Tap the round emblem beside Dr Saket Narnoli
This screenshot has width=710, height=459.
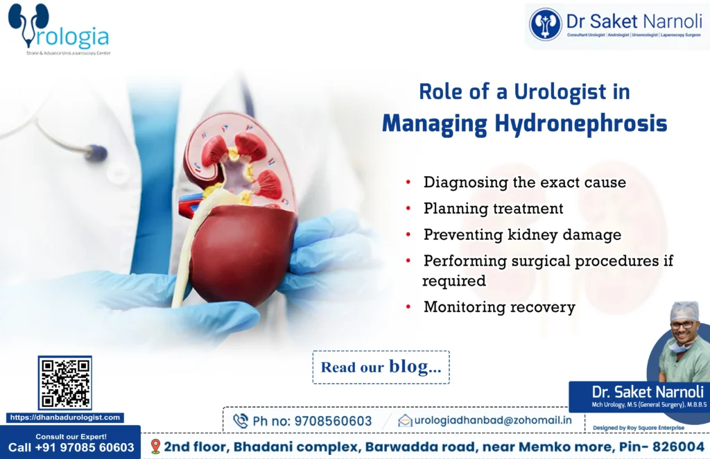(x=546, y=24)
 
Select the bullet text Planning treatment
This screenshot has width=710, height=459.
(x=493, y=209)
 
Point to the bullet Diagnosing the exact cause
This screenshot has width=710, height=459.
(x=524, y=182)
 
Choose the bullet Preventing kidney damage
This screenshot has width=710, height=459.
(x=522, y=235)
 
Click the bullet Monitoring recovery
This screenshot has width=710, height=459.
(x=499, y=307)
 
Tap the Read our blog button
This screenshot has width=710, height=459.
(x=381, y=367)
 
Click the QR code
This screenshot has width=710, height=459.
(x=64, y=383)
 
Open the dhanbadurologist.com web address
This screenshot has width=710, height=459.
(x=65, y=418)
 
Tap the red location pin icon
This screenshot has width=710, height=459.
(x=155, y=446)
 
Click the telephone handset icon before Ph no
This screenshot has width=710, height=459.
(x=241, y=421)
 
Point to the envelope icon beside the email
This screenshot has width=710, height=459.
(x=405, y=420)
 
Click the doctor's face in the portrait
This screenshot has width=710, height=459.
(x=682, y=326)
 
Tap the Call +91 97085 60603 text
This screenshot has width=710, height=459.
(x=71, y=448)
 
